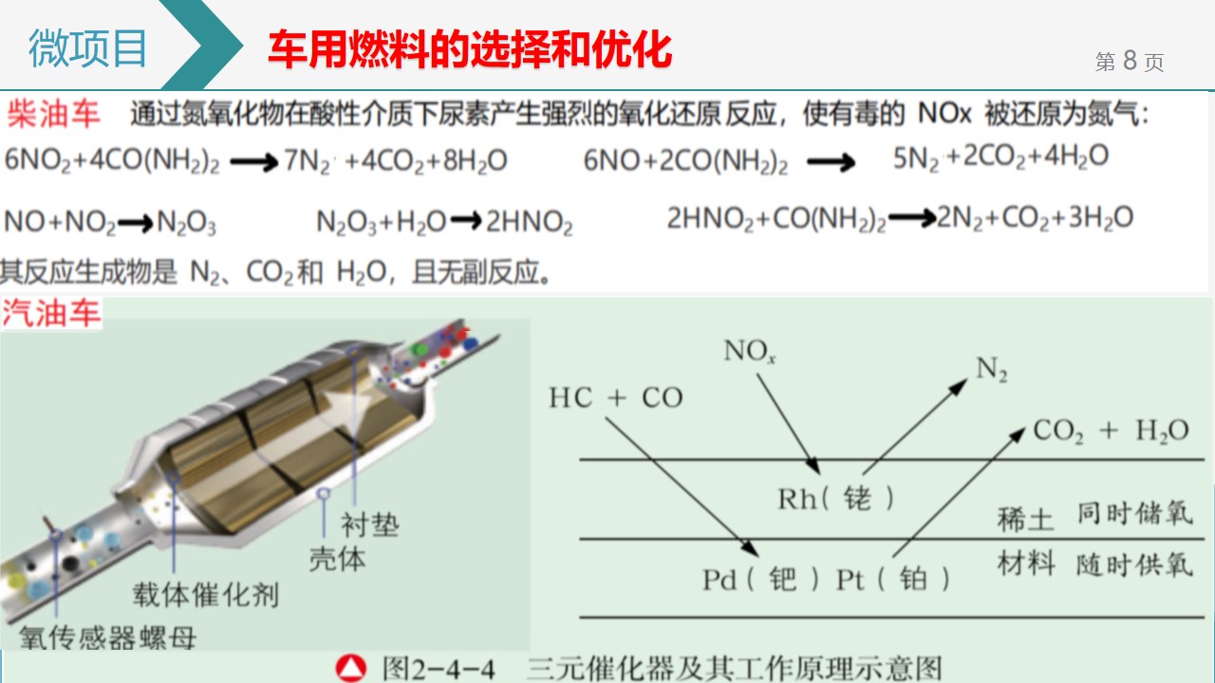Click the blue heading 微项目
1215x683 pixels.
[x=88, y=48]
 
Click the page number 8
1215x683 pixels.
[x=1130, y=60]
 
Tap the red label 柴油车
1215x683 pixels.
[x=53, y=114]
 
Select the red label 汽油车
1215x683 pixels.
[x=51, y=313]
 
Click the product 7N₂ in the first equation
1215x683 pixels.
[x=307, y=161]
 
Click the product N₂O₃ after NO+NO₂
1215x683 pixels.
[x=186, y=223]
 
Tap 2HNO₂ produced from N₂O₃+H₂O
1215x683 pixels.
[x=530, y=222]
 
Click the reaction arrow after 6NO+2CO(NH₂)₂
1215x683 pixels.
[x=831, y=162]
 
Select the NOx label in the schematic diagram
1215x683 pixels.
[x=750, y=351]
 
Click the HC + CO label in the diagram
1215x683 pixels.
[x=616, y=397]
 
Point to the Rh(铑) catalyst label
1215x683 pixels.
[x=836, y=499]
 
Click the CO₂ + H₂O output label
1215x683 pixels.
[x=1111, y=432]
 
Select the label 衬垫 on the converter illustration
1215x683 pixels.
[x=370, y=525]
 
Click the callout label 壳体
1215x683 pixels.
[x=337, y=559]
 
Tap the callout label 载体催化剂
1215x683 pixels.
[x=206, y=595]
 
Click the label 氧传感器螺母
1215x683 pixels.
[x=107, y=637]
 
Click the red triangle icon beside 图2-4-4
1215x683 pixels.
[x=351, y=668]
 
